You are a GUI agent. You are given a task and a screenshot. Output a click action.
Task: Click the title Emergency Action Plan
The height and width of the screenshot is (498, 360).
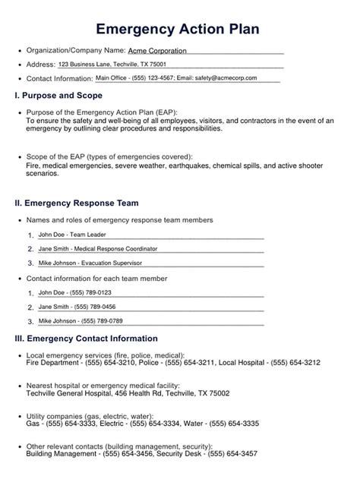coord(180,29)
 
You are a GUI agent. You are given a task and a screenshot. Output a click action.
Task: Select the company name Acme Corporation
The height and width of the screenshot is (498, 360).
coord(157,50)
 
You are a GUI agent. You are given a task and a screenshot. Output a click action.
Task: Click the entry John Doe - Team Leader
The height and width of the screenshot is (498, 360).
coord(72,235)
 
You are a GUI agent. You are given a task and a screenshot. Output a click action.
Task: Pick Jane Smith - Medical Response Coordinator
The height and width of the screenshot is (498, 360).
coord(97,248)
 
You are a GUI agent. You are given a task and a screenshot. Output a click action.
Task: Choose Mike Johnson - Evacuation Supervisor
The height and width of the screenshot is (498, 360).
coord(90,263)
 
